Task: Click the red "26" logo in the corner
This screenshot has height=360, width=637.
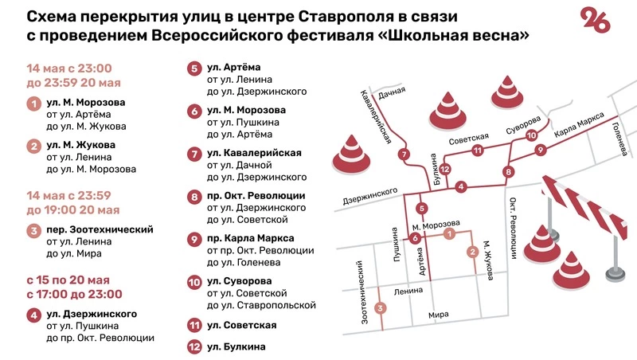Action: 595,21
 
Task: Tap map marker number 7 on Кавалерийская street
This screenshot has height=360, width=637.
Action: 404,155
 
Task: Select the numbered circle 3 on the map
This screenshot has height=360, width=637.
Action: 381,308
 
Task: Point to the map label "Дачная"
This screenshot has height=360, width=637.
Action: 392,92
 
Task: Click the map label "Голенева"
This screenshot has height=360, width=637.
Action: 620,139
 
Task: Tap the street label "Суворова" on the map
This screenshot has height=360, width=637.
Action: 523,124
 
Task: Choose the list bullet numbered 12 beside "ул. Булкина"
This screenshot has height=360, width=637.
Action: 194,346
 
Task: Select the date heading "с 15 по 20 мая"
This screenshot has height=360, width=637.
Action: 68,280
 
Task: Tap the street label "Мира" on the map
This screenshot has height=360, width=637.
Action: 439,315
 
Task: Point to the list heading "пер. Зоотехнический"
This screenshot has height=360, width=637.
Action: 100,229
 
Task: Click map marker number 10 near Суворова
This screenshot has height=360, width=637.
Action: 531,135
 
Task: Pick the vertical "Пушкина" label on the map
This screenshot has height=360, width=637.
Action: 396,245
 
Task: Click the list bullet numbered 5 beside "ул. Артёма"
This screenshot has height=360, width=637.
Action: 194,68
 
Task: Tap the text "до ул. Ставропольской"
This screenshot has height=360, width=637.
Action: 261,305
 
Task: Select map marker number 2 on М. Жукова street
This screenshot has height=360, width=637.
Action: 472,252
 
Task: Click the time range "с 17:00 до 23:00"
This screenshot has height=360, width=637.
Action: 74,294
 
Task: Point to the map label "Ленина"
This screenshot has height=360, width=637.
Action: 408,291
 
